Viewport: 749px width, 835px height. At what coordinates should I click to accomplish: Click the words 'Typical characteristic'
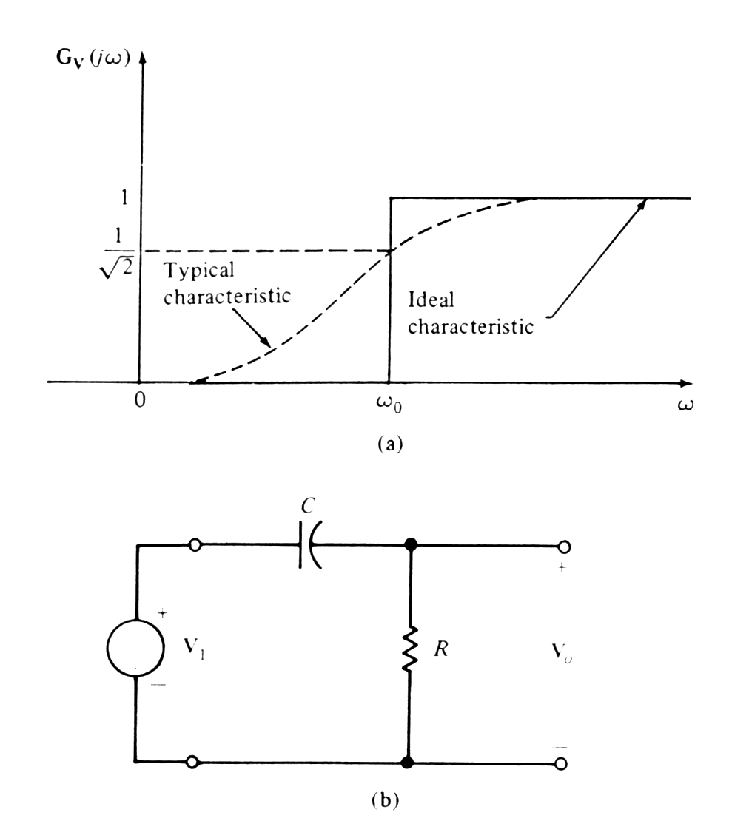coord(227,287)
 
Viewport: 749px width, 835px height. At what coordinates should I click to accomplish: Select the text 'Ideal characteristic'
coord(471,314)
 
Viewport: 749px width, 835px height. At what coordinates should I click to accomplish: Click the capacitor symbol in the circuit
coord(310,547)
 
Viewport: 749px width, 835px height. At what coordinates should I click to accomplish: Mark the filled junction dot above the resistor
coord(409,547)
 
